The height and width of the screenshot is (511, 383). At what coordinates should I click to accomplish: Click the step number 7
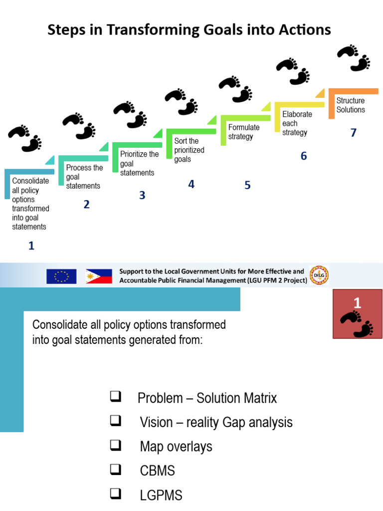354,133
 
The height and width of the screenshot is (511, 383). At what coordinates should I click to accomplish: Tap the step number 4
191,184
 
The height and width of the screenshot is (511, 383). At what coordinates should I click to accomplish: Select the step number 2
86,204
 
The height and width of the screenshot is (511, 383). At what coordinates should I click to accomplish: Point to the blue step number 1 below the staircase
31,246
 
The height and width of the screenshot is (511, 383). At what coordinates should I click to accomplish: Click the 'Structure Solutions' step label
351,105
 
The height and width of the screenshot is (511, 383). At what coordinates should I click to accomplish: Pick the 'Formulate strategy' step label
244,132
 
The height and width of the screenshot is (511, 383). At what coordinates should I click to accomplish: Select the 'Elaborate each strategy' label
297,123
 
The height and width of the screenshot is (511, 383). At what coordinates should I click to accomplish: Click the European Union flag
61,276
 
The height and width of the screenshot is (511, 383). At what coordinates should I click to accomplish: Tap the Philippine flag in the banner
99,276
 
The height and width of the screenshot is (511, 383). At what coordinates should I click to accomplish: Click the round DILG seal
319,275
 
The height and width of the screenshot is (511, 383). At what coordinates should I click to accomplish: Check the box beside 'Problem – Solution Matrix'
115,397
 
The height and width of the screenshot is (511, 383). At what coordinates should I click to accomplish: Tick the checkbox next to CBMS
115,470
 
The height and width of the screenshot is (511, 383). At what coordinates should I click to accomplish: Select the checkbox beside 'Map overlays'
115,446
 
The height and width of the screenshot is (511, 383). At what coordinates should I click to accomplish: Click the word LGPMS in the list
161,496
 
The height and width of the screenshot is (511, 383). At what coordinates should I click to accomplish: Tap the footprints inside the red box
357,323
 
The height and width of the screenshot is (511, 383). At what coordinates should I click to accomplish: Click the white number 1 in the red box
357,302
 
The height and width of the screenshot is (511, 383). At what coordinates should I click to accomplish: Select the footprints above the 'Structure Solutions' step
354,57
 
